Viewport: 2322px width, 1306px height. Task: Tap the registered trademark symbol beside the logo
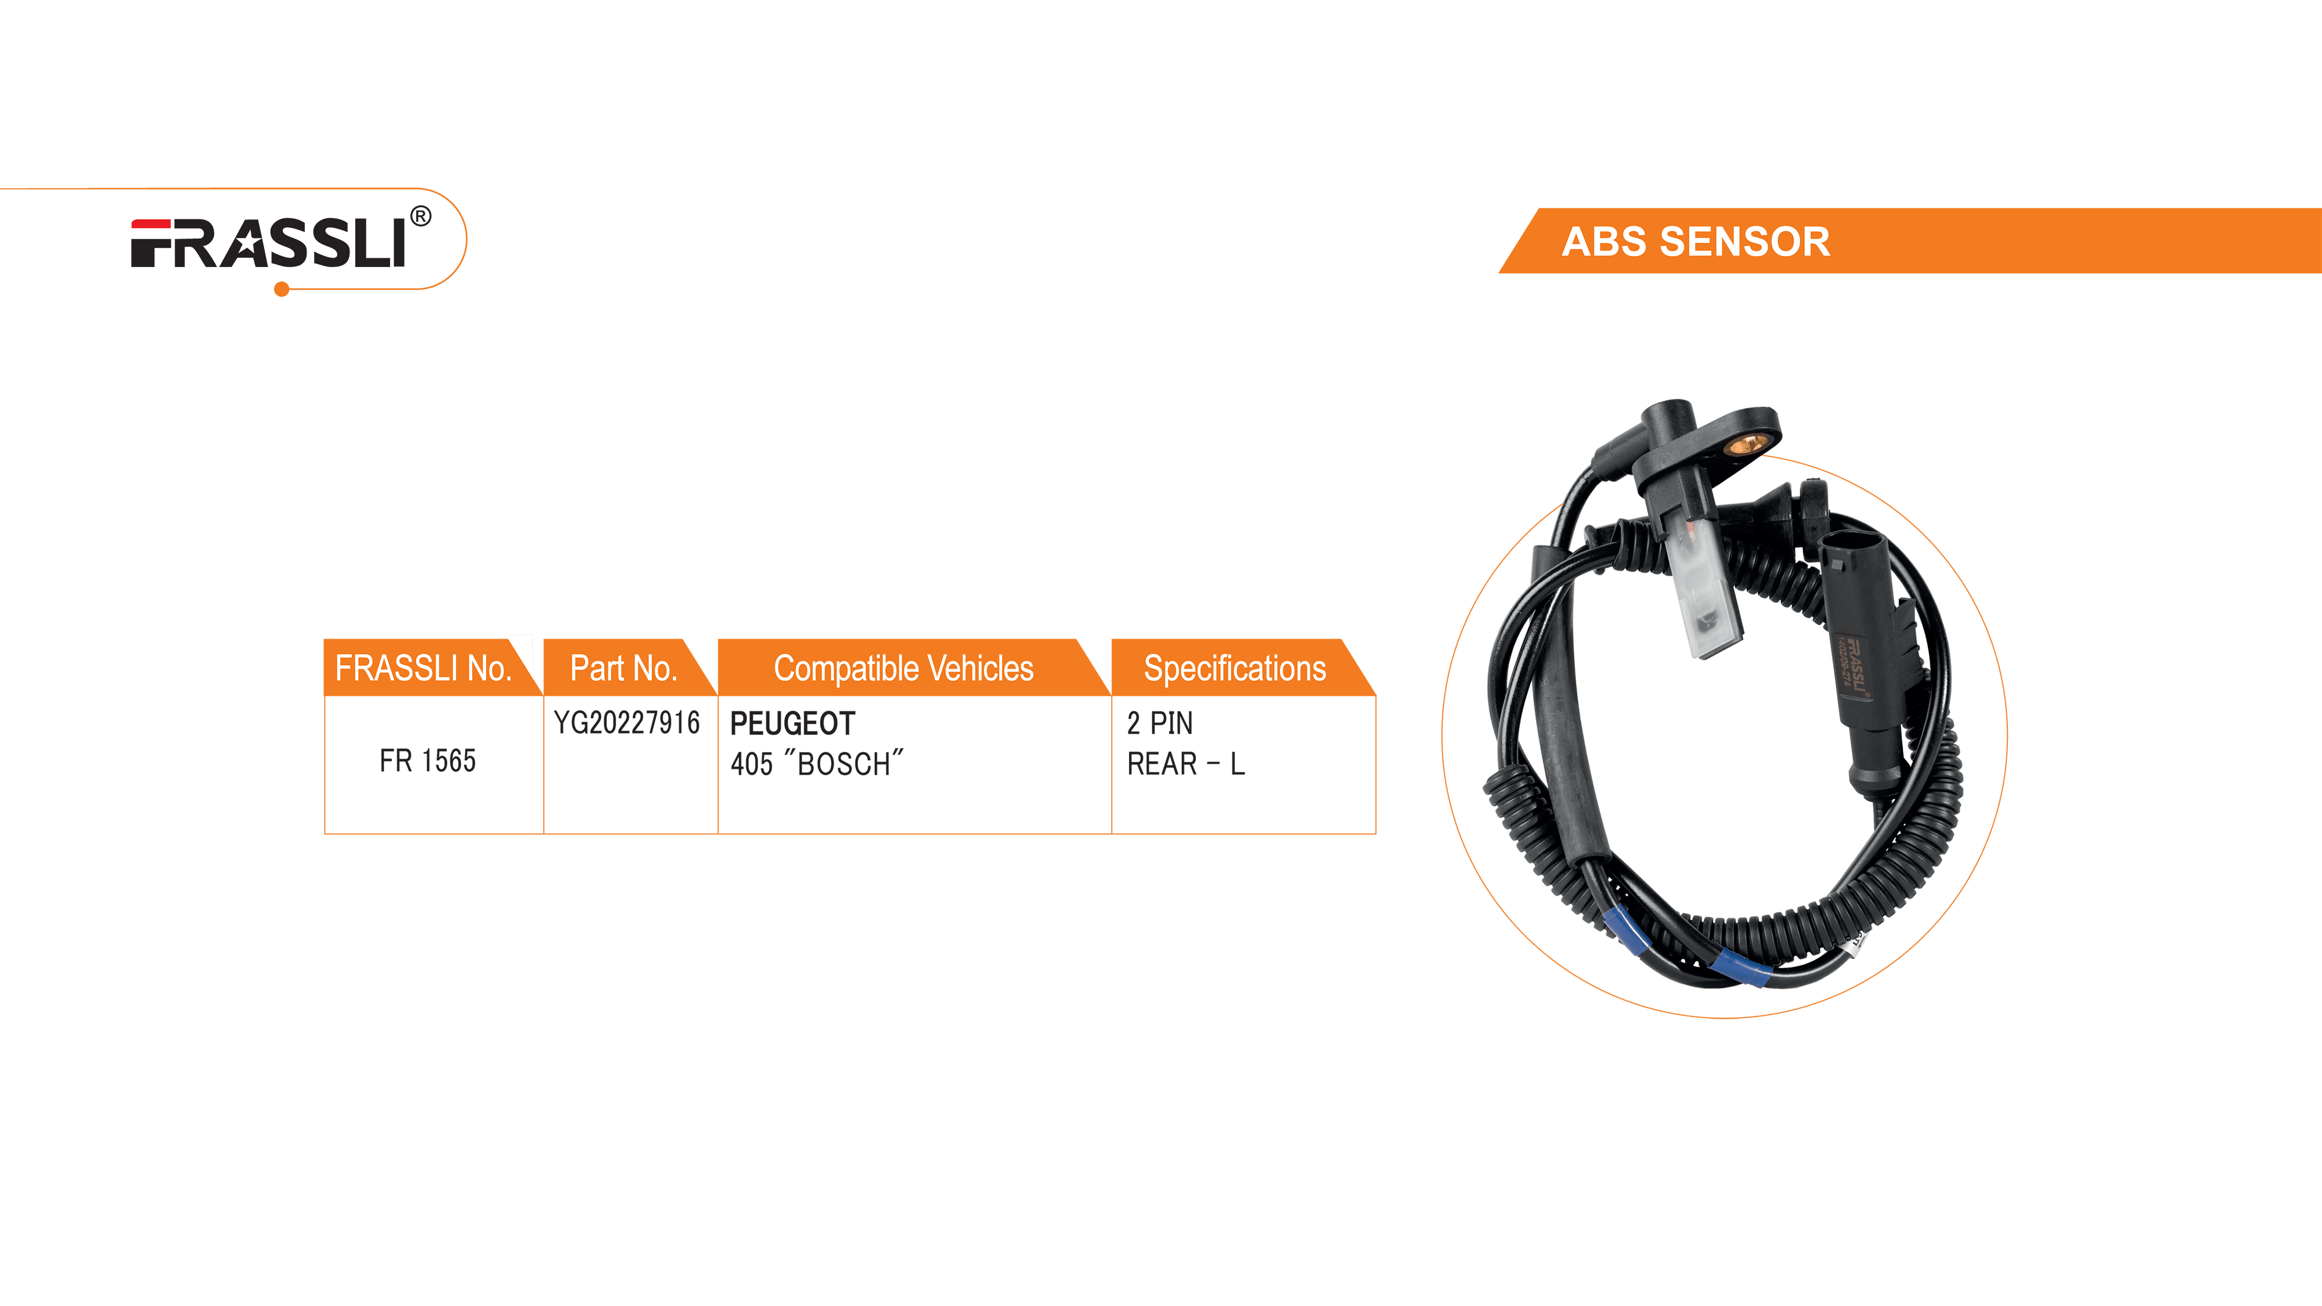[x=420, y=217]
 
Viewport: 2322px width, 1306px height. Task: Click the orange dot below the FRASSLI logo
[x=281, y=289]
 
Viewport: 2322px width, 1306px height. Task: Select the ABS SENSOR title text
[x=1696, y=241]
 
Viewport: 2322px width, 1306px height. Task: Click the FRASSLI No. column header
[x=423, y=668]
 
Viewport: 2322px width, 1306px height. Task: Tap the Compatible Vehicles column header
[x=903, y=668]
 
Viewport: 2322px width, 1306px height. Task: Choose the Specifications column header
[x=1234, y=668]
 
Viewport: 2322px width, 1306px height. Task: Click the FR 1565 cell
[x=427, y=761]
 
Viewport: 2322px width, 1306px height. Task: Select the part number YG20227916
[x=626, y=723]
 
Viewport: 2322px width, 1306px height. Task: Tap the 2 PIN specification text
[x=1159, y=723]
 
